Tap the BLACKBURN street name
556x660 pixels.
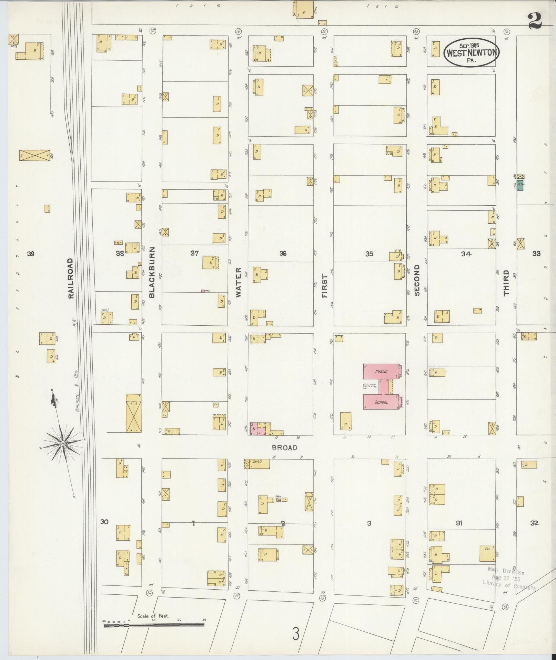pos(152,272)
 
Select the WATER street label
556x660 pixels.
pos(238,282)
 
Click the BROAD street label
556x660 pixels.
pos(284,448)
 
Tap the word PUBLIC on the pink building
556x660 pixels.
pos(381,372)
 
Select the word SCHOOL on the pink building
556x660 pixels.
pos(381,402)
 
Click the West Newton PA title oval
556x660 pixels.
pos(471,52)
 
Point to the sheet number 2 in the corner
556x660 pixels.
pos(535,20)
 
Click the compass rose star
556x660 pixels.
pos(63,443)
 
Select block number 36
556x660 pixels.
pos(283,254)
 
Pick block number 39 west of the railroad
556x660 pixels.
pos(31,254)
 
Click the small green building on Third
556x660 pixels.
pos(520,185)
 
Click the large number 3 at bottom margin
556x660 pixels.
pos(295,634)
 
